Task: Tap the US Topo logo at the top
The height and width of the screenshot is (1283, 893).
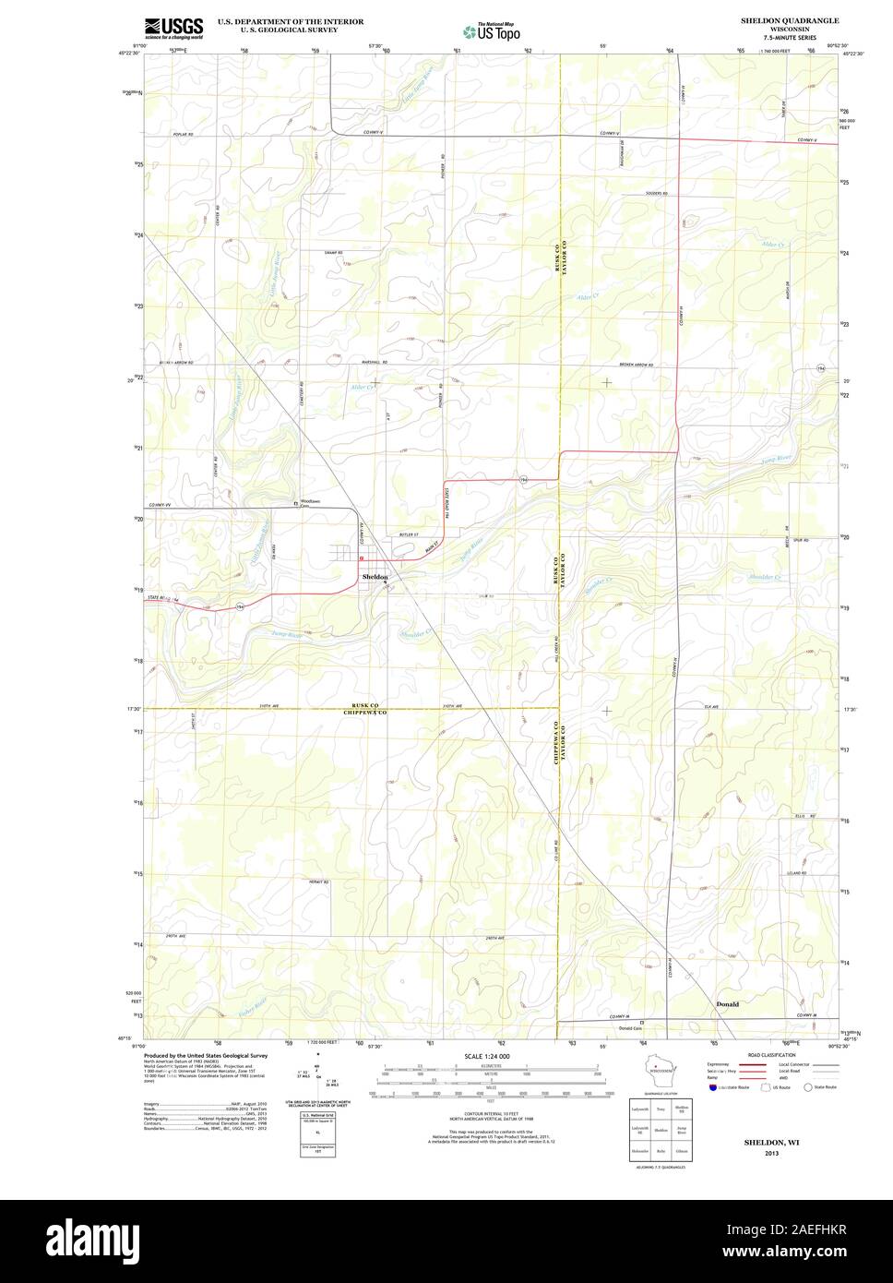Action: click(493, 31)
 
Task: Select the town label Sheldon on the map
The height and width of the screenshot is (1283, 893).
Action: click(375, 576)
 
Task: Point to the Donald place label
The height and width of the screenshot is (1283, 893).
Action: click(728, 1003)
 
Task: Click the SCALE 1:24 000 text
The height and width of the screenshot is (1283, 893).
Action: click(486, 1056)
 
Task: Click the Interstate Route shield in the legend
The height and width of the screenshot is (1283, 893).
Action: click(713, 1087)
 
